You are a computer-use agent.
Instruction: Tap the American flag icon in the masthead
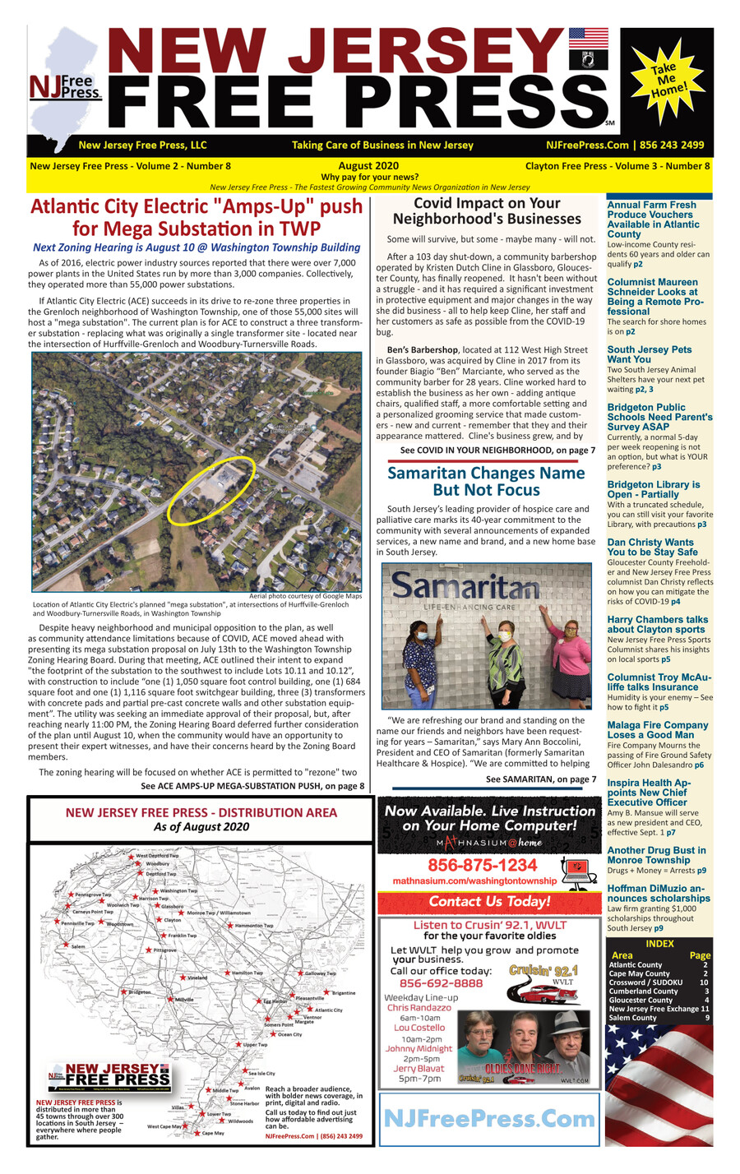pyautogui.click(x=588, y=39)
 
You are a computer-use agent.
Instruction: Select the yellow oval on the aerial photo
pyautogui.click(x=210, y=491)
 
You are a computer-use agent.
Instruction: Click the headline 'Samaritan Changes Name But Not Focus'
pyautogui.click(x=485, y=482)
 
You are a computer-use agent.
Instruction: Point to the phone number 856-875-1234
pyautogui.click(x=482, y=865)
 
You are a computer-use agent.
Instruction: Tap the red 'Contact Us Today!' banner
pyautogui.click(x=489, y=902)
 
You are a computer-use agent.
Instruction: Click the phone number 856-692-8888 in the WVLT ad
pyautogui.click(x=441, y=983)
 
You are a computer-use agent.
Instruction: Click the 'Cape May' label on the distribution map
pyautogui.click(x=212, y=1133)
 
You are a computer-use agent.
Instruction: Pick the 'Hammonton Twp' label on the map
pyautogui.click(x=254, y=926)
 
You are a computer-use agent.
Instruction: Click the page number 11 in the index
pyautogui.click(x=705, y=1009)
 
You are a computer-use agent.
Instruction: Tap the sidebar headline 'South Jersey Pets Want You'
pyautogui.click(x=649, y=354)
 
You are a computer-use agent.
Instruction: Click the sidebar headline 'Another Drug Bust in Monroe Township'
pyautogui.click(x=655, y=855)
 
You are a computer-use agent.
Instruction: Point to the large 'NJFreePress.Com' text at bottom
pyautogui.click(x=489, y=1118)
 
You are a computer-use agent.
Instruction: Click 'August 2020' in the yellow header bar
pyautogui.click(x=368, y=166)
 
